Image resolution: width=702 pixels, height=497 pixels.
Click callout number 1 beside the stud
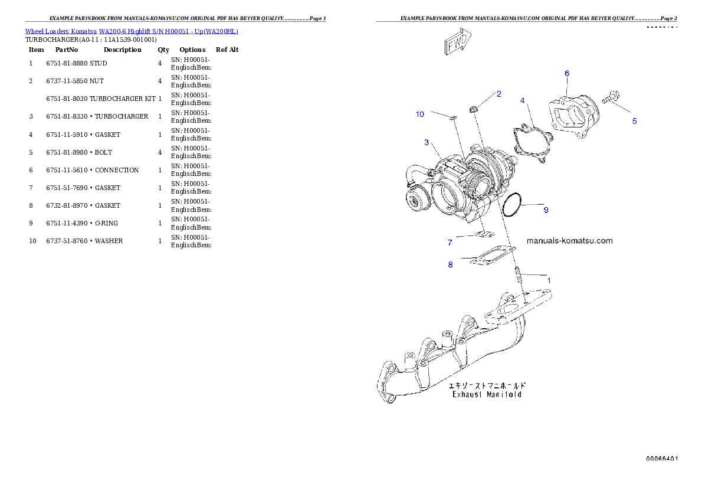(549, 280)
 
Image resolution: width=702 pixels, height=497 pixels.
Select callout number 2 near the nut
(498, 94)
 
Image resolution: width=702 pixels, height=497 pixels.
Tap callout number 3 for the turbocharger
(426, 142)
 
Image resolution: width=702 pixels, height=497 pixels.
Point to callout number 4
(522, 101)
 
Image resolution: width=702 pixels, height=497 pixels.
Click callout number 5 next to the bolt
(634, 121)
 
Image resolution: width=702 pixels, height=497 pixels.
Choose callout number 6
(567, 73)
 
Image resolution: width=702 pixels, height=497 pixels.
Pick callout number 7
(450, 243)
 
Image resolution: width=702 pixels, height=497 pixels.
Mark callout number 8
(451, 264)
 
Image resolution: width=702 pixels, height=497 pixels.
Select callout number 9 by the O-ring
(546, 210)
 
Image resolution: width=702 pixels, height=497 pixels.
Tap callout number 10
(420, 114)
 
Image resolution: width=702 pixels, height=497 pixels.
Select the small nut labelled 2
(473, 109)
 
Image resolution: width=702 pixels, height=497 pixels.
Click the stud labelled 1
(517, 274)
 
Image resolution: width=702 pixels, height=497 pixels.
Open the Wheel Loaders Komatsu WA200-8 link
(132, 31)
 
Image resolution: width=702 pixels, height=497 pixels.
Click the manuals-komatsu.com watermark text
(569, 241)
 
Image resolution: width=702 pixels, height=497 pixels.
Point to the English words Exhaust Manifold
(487, 394)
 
